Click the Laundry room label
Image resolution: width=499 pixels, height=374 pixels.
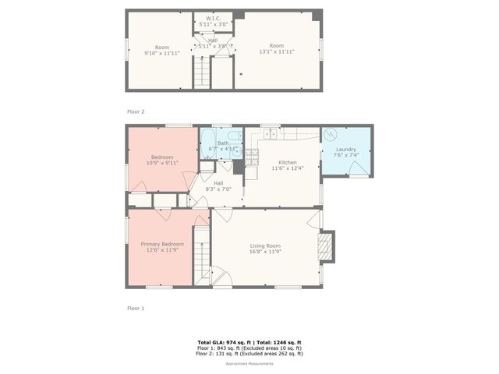346,150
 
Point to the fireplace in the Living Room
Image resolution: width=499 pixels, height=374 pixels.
326,246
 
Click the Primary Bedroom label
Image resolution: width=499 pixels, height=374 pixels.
161,244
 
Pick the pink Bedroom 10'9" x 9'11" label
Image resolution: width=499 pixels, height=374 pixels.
161,160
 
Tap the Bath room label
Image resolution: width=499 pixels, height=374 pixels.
222,143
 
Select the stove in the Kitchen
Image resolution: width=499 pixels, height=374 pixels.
253,155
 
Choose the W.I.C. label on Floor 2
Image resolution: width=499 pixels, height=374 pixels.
213,18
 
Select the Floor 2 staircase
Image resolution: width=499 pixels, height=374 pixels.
202,74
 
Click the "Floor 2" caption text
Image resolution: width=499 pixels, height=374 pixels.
136,112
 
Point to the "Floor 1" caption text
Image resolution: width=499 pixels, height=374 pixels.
136,309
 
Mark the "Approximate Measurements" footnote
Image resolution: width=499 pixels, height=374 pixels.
249,364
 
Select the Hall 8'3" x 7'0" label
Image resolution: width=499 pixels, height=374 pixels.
213,186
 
